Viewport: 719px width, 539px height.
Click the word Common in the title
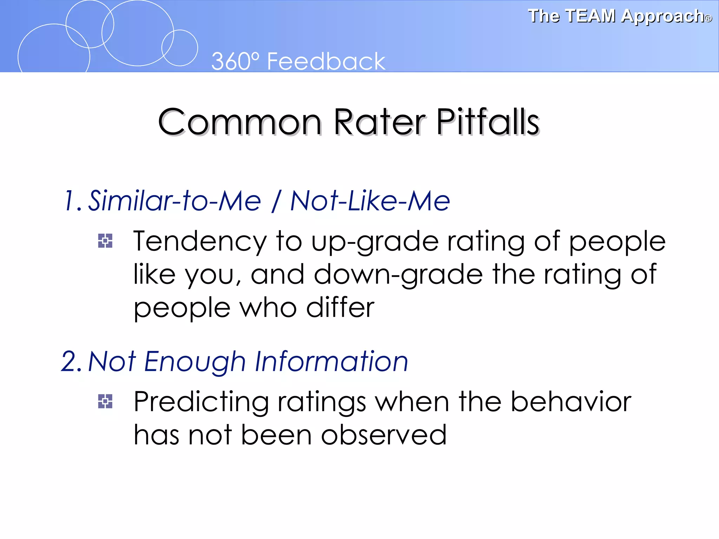click(x=240, y=122)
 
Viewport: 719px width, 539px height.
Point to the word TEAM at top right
click(x=591, y=16)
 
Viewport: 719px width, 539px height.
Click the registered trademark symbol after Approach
click(x=708, y=19)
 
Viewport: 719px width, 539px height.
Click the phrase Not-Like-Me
click(x=370, y=201)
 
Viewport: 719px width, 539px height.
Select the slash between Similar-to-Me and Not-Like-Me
click(x=276, y=201)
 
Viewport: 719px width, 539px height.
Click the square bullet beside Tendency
click(x=105, y=241)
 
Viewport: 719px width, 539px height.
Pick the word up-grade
click(x=375, y=242)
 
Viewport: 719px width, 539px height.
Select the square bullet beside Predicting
click(x=105, y=401)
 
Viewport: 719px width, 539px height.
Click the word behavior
click(x=570, y=402)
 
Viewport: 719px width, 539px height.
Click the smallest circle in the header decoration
click(x=180, y=48)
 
